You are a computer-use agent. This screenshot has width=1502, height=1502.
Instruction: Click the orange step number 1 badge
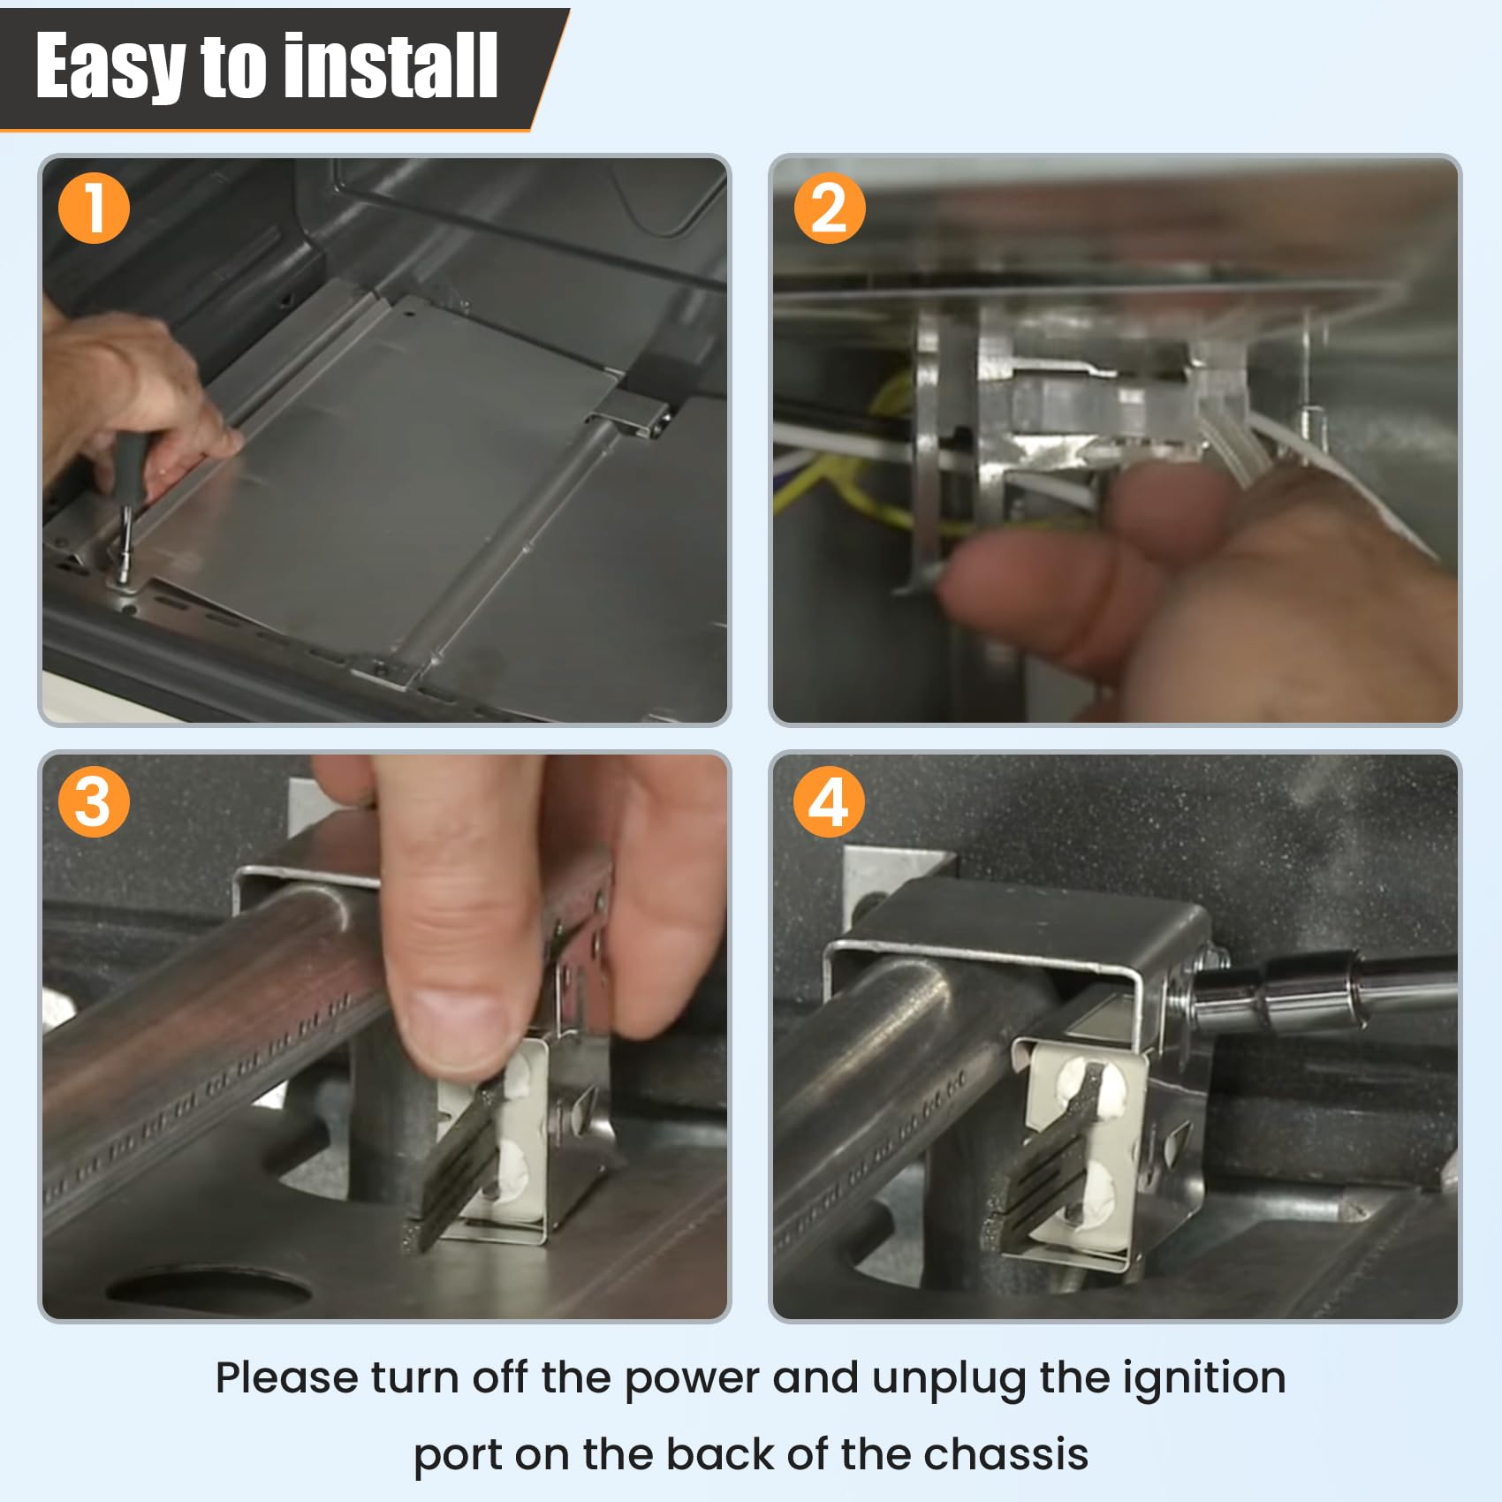point(94,209)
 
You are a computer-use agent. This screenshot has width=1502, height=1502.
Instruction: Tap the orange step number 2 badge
point(829,209)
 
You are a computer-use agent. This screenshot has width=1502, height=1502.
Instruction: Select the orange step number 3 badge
point(94,802)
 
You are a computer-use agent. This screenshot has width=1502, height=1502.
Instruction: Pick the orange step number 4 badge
point(829,802)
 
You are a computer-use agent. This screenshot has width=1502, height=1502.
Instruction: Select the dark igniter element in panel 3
point(459,1166)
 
